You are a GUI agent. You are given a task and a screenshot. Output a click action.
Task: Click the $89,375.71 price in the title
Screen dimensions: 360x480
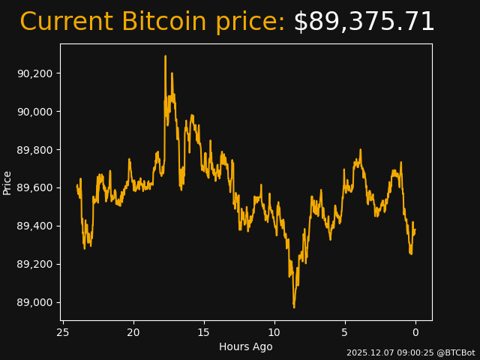pos(364,22)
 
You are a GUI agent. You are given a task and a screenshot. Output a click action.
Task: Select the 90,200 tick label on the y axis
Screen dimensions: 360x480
pos(35,73)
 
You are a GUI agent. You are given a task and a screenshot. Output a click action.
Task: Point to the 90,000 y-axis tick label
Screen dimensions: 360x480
pos(35,112)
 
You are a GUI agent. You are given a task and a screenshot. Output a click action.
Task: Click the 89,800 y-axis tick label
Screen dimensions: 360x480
pos(35,150)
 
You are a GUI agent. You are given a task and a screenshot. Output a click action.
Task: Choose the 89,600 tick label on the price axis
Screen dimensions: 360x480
pos(35,188)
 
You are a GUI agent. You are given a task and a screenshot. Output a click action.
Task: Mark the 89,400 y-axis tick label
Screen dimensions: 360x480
pos(35,226)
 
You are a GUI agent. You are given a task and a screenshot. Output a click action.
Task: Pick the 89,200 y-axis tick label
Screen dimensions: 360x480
pos(35,265)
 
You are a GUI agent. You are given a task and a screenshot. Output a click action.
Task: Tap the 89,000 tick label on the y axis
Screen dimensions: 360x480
pos(35,303)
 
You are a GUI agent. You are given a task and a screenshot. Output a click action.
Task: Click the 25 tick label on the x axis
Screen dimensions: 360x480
pos(63,332)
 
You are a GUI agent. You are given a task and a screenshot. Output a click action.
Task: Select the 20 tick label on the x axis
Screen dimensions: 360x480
pos(133,332)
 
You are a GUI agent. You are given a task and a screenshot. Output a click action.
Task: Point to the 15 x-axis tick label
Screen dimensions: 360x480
pos(204,332)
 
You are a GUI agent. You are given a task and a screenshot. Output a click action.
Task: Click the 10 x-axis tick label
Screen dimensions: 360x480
pos(274,332)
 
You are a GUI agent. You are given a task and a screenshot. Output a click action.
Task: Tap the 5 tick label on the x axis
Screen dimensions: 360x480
pos(345,332)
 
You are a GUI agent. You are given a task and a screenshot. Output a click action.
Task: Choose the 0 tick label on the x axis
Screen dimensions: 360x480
pos(415,332)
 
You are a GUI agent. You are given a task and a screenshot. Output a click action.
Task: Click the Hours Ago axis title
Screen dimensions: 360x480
pos(245,346)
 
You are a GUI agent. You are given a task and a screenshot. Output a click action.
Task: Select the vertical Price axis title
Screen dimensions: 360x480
pos(7,182)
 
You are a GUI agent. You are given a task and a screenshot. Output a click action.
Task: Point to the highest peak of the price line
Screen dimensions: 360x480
pos(166,56)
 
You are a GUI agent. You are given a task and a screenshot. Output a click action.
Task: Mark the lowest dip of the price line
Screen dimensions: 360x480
pos(294,307)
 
